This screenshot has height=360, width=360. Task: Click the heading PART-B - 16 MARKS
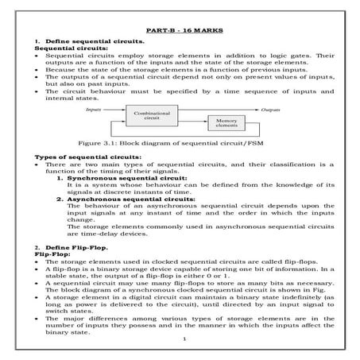point(180,29)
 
